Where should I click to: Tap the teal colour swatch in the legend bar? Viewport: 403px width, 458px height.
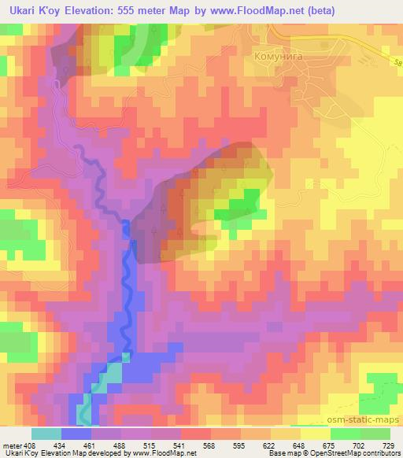[x=46, y=434]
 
